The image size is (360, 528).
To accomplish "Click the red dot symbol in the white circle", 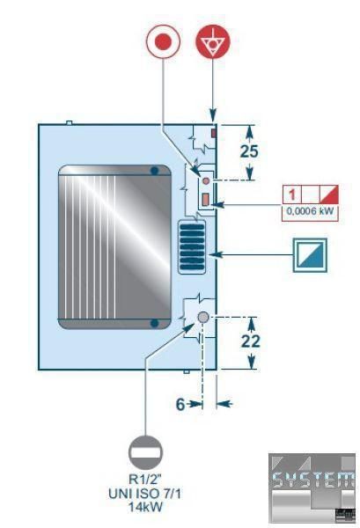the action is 163,41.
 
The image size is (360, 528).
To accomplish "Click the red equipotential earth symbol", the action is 213,41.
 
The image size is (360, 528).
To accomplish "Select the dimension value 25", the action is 249,151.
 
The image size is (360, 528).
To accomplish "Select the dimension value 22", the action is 251,341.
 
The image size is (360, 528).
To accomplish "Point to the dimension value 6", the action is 180,404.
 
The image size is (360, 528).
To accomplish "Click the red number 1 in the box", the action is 292,194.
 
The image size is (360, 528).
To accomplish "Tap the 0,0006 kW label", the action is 310,211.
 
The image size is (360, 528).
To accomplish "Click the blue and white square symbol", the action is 310,255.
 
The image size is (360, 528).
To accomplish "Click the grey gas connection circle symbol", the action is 145,452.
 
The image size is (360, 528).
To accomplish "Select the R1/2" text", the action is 145,480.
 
